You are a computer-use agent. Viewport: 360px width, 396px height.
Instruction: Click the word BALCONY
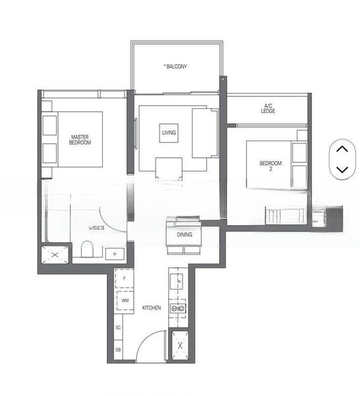pos(176,67)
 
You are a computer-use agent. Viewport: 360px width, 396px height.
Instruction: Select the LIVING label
pos(169,133)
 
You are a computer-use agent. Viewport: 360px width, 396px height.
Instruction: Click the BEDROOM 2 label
pos(270,166)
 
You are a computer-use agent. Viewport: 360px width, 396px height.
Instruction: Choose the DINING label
pos(185,234)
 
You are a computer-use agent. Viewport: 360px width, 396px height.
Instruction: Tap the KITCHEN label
pos(152,308)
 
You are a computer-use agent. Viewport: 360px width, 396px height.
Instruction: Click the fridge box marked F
pos(124,279)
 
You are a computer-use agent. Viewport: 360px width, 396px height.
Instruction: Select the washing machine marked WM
pos(124,300)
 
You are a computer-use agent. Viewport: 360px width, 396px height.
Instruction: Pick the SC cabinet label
pos(118,327)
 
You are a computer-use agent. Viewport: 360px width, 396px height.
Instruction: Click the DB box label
pos(118,350)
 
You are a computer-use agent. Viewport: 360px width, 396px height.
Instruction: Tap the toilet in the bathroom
pos(86,249)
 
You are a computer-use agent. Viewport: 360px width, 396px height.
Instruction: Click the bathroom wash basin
pos(115,253)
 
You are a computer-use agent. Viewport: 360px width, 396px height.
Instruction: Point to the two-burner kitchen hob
pos(177,308)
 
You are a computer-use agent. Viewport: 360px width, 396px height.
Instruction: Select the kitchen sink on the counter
pos(177,282)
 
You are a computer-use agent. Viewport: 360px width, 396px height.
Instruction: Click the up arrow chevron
pos(342,149)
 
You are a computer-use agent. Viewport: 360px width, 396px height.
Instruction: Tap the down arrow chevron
pos(342,170)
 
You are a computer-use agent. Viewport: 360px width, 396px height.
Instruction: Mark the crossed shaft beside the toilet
pos(54,254)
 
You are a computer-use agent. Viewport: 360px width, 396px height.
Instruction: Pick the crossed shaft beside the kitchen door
pos(179,345)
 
